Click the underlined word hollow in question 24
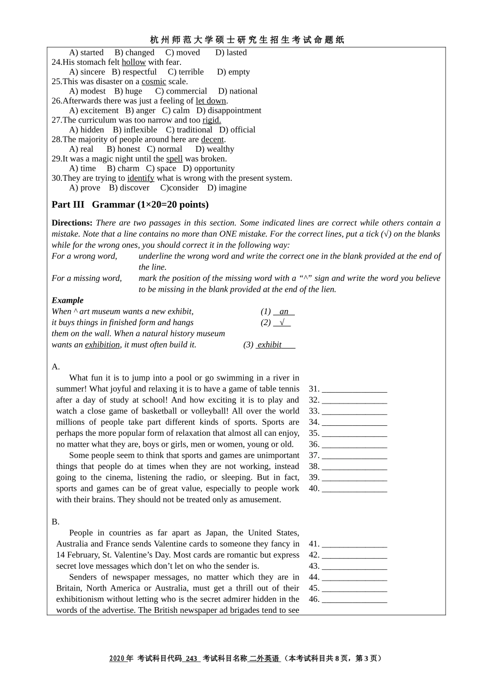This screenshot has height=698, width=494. tap(134, 62)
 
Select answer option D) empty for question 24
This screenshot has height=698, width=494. tap(233, 72)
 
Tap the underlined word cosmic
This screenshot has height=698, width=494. tap(154, 82)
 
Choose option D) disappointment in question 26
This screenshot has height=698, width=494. tap(229, 111)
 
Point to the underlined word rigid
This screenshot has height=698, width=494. tap(212, 120)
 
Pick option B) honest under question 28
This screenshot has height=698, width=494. tap(123, 150)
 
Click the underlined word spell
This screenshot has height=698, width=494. tap(174, 159)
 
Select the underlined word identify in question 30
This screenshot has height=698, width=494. tap(140, 178)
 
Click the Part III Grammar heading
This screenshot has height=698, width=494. tap(130, 205)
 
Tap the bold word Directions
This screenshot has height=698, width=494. tap(72, 223)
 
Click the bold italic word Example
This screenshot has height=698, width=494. tap(68, 300)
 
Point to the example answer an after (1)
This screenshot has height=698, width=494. tap(284, 312)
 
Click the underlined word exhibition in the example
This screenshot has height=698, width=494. tap(102, 345)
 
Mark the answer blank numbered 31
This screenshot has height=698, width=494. tap(354, 389)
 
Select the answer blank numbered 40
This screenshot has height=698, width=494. tap(354, 489)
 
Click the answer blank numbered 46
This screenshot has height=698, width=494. tap(354, 599)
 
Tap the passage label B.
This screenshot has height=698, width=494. tap(56, 522)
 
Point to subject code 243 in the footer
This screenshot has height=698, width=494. tap(191, 659)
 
